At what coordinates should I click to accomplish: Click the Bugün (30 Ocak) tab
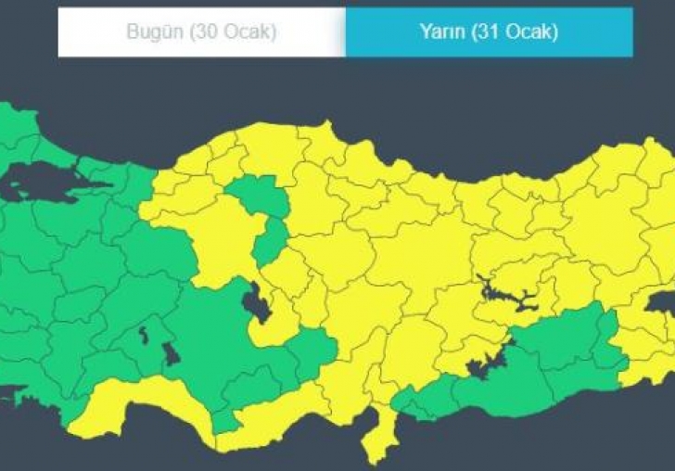(x=201, y=32)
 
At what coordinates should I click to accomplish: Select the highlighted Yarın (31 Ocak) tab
(x=489, y=32)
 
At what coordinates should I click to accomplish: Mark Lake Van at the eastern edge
(x=660, y=302)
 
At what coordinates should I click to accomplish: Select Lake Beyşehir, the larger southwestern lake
(x=171, y=354)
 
